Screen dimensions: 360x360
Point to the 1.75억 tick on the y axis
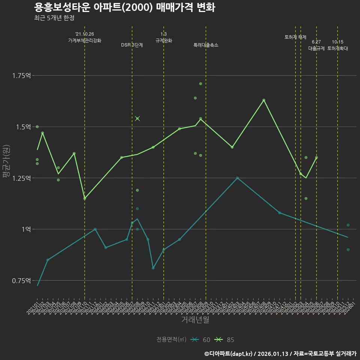click(x=21, y=76)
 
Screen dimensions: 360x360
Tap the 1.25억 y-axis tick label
click(x=21, y=178)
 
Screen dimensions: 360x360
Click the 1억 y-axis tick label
click(x=25, y=229)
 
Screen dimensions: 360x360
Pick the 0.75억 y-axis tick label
click(x=21, y=280)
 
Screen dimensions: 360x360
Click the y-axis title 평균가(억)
click(x=6, y=161)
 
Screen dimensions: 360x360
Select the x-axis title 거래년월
click(x=195, y=320)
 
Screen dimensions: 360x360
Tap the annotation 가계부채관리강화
click(x=85, y=40)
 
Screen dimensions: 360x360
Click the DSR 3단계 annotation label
click(x=132, y=45)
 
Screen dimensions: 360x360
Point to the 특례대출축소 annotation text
click(x=206, y=45)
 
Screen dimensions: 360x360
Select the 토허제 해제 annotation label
click(x=295, y=37)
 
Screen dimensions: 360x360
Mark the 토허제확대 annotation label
click(x=337, y=48)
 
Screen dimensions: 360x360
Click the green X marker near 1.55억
click(x=137, y=118)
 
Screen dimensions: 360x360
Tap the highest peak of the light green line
click(x=264, y=100)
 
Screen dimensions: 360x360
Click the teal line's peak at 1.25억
click(x=237, y=178)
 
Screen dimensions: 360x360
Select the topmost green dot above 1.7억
click(x=201, y=84)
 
